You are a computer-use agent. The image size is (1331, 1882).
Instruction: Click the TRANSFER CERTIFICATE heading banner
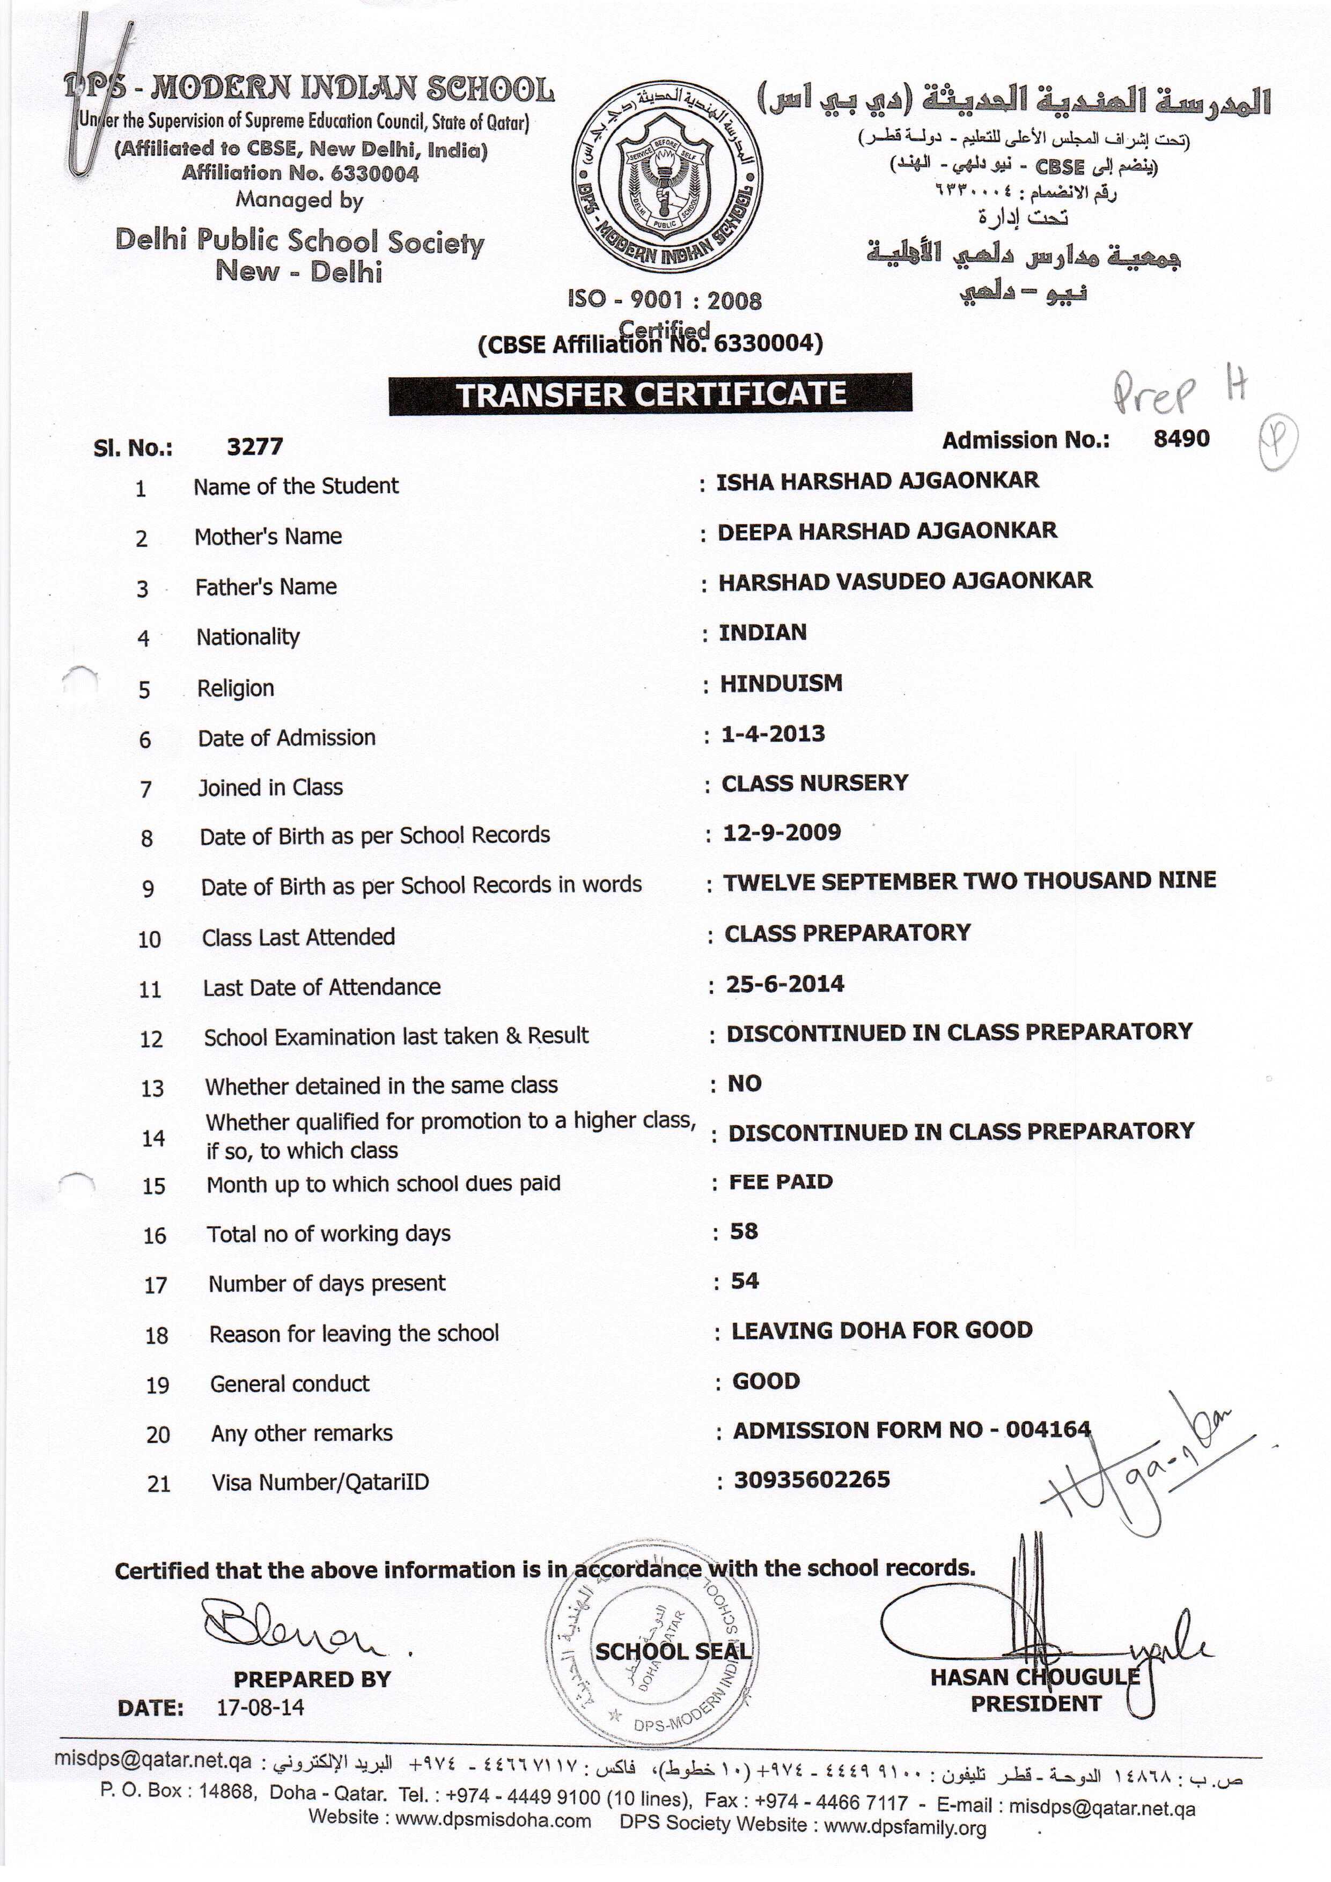pos(650,394)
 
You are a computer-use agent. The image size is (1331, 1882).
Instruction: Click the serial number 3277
pos(255,446)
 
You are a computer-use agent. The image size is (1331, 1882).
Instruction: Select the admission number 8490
pos(1181,438)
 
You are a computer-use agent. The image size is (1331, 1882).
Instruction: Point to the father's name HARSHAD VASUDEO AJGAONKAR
pos(905,581)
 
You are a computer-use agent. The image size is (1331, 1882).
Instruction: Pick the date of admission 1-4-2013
pos(773,734)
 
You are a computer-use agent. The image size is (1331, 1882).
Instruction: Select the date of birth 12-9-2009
pos(781,833)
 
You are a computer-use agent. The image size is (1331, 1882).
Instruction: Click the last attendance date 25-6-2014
pos(784,984)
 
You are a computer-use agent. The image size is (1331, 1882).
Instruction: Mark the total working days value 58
pos(744,1231)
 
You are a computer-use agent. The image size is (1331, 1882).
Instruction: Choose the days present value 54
pos(744,1281)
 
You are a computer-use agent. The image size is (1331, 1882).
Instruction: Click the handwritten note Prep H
pos(1178,391)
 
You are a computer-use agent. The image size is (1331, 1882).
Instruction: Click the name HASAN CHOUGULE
pos(1034,1677)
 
